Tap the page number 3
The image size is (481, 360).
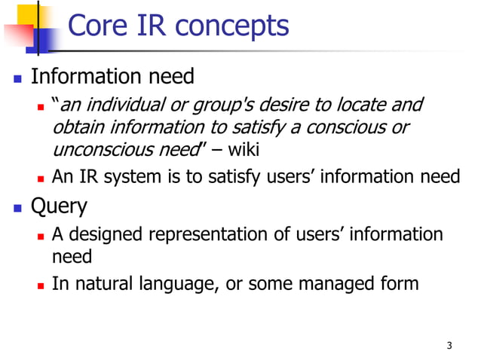click(x=449, y=346)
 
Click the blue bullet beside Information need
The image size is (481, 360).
click(x=15, y=78)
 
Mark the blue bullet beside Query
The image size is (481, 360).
click(x=15, y=206)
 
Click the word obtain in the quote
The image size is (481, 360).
click(x=77, y=127)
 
